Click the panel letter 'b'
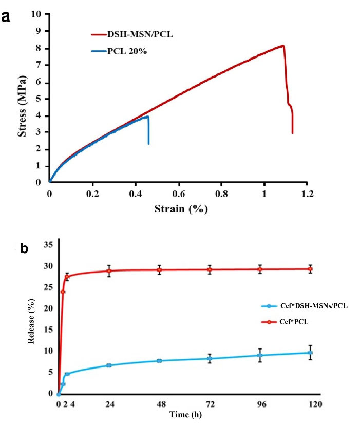tap(24, 250)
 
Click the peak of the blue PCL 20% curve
tap(148, 117)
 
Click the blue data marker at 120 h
tap(310, 353)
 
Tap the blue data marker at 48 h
tap(159, 361)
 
